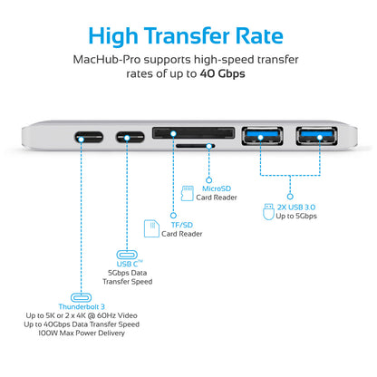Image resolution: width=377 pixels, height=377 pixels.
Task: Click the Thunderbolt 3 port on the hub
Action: coord(89,138)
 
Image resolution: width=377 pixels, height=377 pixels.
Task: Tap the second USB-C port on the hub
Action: coord(130,138)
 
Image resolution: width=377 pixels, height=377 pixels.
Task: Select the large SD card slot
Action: coord(193,133)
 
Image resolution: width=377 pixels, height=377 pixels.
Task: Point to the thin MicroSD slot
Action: coord(195,146)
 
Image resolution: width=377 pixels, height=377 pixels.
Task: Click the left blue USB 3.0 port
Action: coord(262,136)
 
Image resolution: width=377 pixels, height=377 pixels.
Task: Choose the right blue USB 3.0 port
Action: coord(316,136)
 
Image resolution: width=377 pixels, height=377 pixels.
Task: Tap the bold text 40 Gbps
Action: coord(222,73)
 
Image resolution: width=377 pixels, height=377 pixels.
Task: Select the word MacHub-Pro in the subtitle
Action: coord(107,60)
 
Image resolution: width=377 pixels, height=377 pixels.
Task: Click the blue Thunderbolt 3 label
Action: coord(82,306)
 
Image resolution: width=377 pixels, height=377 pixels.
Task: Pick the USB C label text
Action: coord(127,264)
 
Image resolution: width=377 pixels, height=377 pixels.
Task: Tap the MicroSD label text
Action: coord(217,188)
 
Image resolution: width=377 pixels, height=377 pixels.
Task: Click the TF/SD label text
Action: coord(182,225)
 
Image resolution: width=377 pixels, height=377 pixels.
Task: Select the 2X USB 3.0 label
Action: coord(296,208)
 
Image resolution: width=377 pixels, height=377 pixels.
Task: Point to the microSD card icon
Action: coord(187,193)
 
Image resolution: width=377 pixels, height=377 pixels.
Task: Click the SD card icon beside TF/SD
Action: coord(151,228)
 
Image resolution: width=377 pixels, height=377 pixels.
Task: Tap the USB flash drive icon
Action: coord(268,211)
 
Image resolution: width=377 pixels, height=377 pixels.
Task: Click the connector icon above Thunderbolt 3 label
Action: coord(81,297)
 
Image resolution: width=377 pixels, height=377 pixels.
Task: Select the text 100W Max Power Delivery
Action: coord(82,333)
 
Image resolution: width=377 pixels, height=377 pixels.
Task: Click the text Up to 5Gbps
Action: coord(296,216)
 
